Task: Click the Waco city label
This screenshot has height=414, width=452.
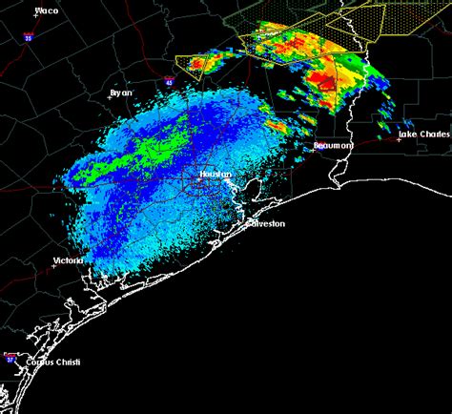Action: [x=45, y=11]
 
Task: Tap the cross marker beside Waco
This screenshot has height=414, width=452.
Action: [x=34, y=17]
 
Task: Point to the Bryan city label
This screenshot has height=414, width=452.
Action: [x=120, y=93]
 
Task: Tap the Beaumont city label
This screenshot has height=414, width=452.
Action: [x=334, y=145]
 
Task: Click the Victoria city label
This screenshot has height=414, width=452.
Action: [x=67, y=259]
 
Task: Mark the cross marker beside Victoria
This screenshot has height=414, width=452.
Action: [x=54, y=265]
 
